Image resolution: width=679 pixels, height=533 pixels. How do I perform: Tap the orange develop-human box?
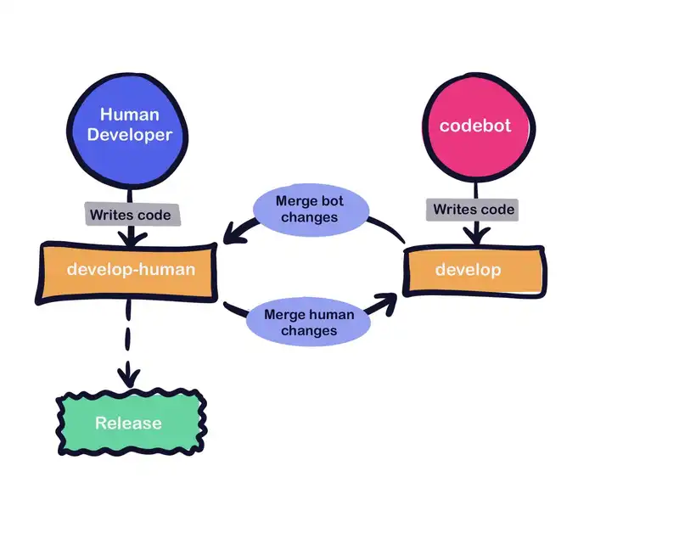[x=127, y=272]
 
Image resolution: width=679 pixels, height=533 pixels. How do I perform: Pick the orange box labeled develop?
[x=473, y=271]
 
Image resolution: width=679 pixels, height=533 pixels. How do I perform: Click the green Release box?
[x=129, y=423]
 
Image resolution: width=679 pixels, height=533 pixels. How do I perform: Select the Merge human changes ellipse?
[x=309, y=323]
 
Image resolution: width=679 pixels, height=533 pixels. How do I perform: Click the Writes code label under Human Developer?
[x=129, y=215]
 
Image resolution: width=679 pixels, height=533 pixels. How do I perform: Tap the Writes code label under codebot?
[x=474, y=210]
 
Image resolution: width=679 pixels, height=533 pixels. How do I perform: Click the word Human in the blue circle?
[x=129, y=114]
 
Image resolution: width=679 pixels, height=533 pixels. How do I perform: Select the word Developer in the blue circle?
[x=129, y=134]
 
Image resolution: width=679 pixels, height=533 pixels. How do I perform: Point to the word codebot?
[x=475, y=126]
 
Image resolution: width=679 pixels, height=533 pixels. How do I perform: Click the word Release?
[x=129, y=423]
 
